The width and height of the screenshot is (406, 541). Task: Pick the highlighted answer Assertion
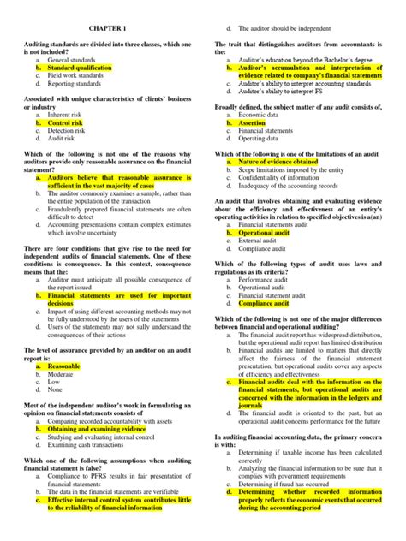254,123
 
